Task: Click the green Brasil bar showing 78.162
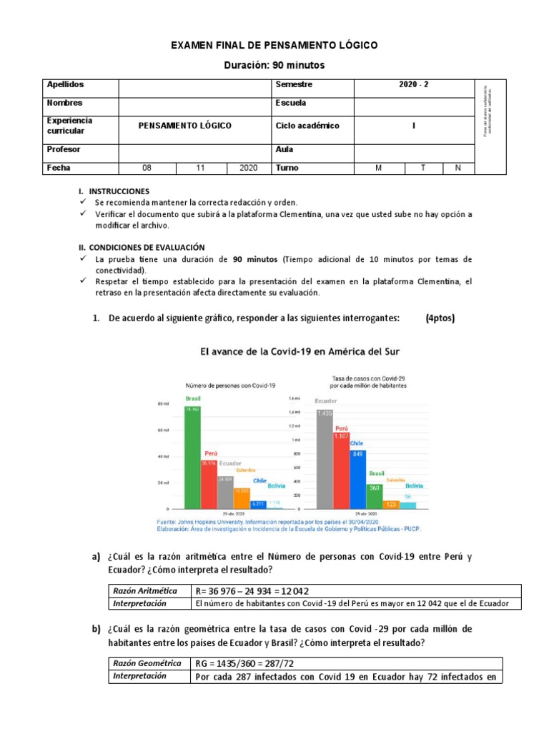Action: tap(193, 457)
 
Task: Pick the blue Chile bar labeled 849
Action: tap(357, 478)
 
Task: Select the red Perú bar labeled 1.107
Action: tap(342, 470)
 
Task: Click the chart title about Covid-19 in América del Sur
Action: tap(299, 352)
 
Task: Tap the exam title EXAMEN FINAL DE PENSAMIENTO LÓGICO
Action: tap(274, 46)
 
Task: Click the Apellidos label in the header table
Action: tap(65, 85)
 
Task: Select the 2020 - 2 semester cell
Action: tap(414, 85)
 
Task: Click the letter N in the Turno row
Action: tap(457, 168)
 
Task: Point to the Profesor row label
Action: tap(64, 150)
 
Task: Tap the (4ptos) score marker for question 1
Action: tap(440, 318)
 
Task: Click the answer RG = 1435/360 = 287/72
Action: tap(244, 663)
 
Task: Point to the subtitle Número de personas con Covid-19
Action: tap(231, 385)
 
